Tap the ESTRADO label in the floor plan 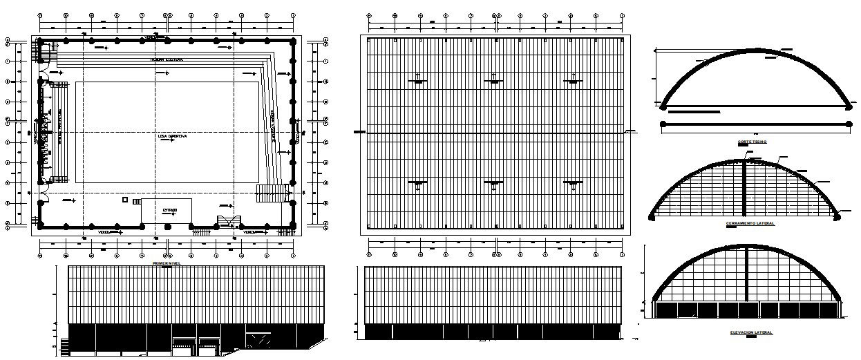coord(170,210)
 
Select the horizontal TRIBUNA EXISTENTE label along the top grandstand coord(167,61)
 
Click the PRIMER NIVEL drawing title coord(167,263)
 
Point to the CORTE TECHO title coord(752,142)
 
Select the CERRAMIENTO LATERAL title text coord(750,224)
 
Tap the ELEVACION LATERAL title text coord(751,333)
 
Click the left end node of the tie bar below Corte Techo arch coord(663,124)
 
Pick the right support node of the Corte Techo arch coord(850,106)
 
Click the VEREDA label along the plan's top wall coord(149,37)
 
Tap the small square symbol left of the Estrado coord(124,200)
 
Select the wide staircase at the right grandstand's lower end coord(272,191)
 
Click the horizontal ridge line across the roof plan coord(495,133)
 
